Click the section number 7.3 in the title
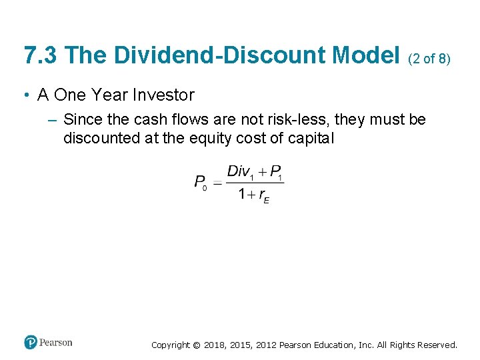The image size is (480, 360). pos(41,55)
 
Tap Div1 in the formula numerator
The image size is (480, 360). pos(240,171)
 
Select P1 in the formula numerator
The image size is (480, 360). pos(276,171)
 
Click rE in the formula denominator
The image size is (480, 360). pos(264,196)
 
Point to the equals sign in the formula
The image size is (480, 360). pos(217,182)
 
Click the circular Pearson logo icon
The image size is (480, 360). pos(31,343)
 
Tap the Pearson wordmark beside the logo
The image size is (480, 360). pos(56,343)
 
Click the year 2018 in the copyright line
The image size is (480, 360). pos(214,345)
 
